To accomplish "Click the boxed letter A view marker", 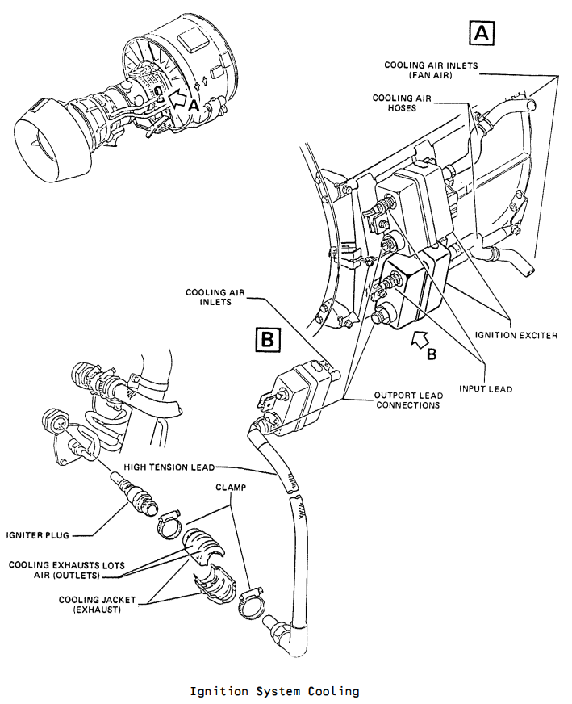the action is pyautogui.click(x=482, y=32).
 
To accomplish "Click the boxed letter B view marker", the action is pyautogui.click(x=267, y=339).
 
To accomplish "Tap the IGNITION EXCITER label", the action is pyautogui.click(x=516, y=335).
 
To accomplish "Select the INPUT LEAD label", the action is pyautogui.click(x=486, y=389).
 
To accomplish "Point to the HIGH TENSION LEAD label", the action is pyautogui.click(x=169, y=467).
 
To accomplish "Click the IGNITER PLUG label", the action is pyautogui.click(x=38, y=535).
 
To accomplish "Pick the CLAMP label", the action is pyautogui.click(x=231, y=488).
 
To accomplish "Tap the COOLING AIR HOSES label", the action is pyautogui.click(x=402, y=103).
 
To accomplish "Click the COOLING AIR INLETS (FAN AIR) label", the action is pyautogui.click(x=431, y=70).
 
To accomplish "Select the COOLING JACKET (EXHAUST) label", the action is pyautogui.click(x=97, y=605).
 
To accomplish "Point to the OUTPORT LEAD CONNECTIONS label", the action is pyautogui.click(x=408, y=400).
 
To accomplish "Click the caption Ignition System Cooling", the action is pyautogui.click(x=274, y=691).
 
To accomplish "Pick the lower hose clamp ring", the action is pyautogui.click(x=251, y=601).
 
